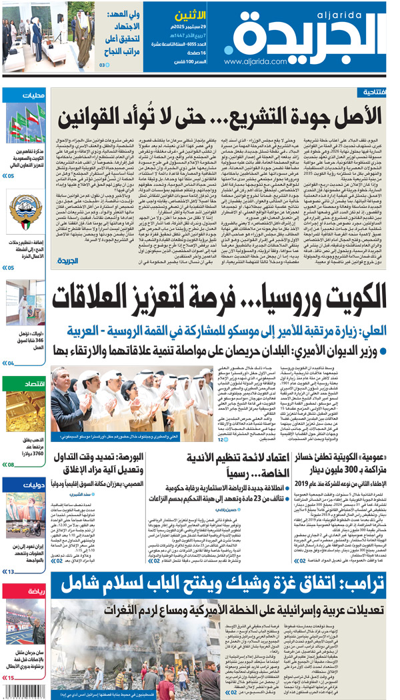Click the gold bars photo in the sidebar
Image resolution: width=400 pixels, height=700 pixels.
click(25, 414)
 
